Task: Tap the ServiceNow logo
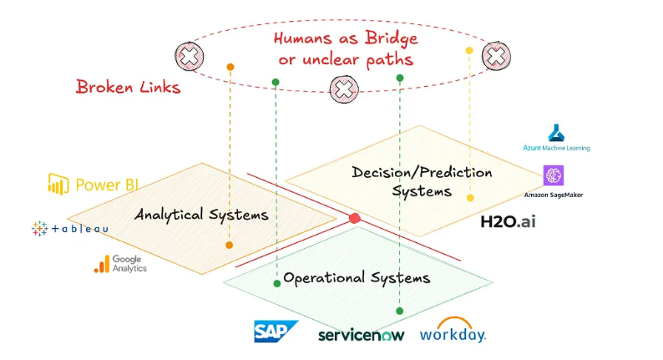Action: [x=361, y=335]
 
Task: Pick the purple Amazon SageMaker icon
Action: [x=554, y=175]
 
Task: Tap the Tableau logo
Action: [x=68, y=228]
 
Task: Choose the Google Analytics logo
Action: [x=120, y=264]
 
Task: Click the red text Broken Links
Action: [x=128, y=86]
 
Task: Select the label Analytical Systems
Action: [x=201, y=215]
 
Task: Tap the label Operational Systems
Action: [x=357, y=277]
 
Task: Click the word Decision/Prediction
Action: [x=422, y=173]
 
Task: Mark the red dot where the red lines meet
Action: [x=354, y=218]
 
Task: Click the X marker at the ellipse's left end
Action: [x=189, y=57]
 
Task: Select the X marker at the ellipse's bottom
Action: [x=343, y=88]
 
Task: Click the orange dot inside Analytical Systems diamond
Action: [x=229, y=245]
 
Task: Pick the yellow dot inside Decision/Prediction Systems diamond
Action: [x=470, y=198]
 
